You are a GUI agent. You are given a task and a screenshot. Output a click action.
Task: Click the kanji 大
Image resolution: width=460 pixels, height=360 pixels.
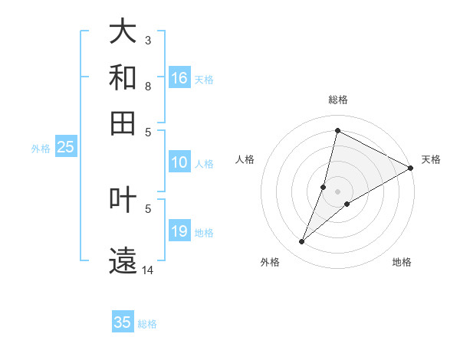123,32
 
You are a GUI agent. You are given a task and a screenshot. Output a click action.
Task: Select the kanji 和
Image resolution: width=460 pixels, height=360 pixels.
123,77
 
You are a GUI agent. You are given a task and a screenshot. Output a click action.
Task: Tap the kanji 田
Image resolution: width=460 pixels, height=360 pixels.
123,121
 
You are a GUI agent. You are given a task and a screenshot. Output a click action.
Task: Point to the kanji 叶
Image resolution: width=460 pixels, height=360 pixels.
123,199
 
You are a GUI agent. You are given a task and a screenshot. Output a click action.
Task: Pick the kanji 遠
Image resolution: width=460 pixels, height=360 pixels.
123,258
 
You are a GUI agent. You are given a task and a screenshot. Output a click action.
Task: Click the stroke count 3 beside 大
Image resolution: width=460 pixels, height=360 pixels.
148,40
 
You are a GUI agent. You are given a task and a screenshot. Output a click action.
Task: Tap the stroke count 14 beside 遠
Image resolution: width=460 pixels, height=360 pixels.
148,270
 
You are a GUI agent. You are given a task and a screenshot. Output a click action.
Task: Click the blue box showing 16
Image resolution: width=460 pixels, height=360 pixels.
179,77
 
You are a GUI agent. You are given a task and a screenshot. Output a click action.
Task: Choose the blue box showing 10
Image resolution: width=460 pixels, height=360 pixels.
179,162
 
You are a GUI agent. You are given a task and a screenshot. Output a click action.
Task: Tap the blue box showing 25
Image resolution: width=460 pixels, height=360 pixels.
65,148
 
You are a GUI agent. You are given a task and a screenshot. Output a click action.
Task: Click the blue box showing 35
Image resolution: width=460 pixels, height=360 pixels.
123,322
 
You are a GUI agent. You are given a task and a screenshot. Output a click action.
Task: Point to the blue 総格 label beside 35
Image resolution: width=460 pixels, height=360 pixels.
147,324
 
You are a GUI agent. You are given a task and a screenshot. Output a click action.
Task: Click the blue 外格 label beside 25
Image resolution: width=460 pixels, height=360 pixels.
41,149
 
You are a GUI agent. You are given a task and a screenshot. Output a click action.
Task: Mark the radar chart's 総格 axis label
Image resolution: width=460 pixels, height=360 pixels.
337,100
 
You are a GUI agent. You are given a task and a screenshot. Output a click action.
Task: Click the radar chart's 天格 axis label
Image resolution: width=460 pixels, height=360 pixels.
431,159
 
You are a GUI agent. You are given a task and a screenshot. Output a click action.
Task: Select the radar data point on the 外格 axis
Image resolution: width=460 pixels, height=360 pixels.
302,242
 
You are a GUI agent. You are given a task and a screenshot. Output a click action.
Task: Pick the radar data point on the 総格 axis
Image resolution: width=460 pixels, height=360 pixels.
337,130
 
